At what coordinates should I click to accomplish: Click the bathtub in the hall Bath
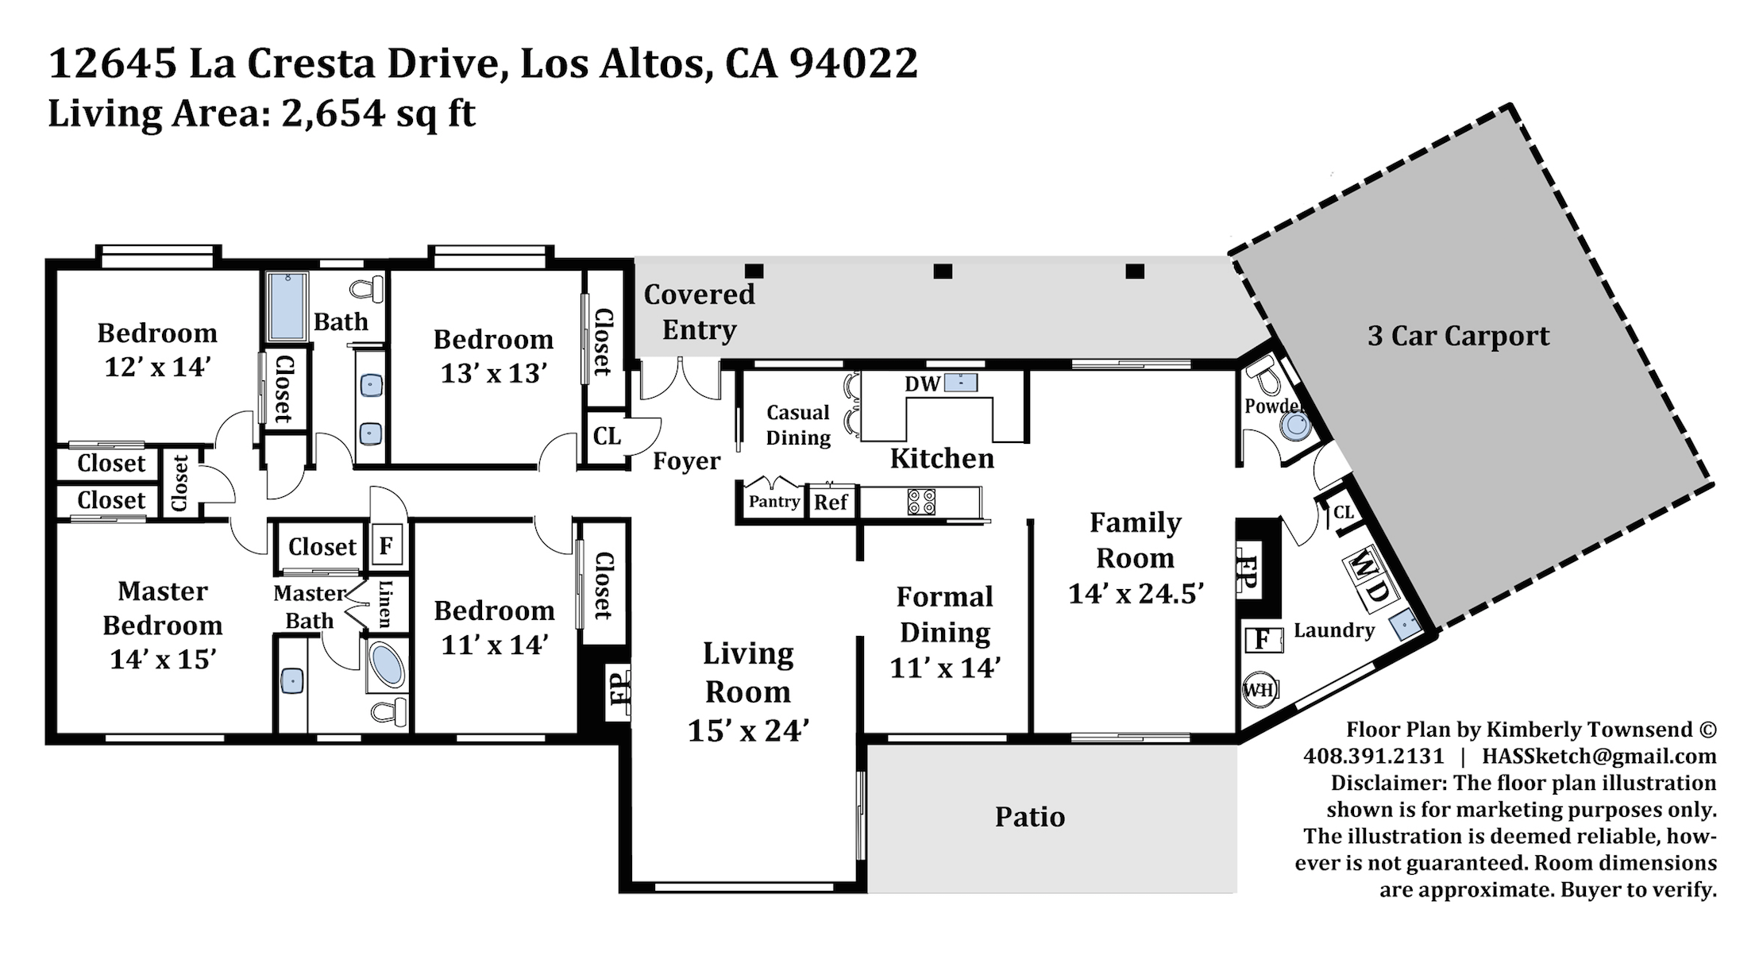click(x=286, y=306)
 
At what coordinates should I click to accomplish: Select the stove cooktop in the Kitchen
click(x=921, y=502)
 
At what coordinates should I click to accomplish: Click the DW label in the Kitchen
click(x=922, y=384)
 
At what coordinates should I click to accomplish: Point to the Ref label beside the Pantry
click(x=831, y=502)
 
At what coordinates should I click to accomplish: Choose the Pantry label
click(x=774, y=502)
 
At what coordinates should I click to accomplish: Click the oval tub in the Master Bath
click(x=387, y=664)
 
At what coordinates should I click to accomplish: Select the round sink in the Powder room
click(x=1296, y=426)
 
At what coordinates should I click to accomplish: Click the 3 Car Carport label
click(x=1458, y=336)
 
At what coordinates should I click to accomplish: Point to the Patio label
click(x=1030, y=816)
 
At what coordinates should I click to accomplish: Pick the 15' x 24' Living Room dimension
click(x=748, y=730)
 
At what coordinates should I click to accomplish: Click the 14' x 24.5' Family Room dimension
click(x=1136, y=593)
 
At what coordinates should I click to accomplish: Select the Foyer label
click(x=686, y=461)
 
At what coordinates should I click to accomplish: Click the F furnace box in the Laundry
click(x=1263, y=639)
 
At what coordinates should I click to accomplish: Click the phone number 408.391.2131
click(x=1373, y=756)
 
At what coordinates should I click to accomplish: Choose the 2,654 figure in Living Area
click(x=333, y=114)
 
